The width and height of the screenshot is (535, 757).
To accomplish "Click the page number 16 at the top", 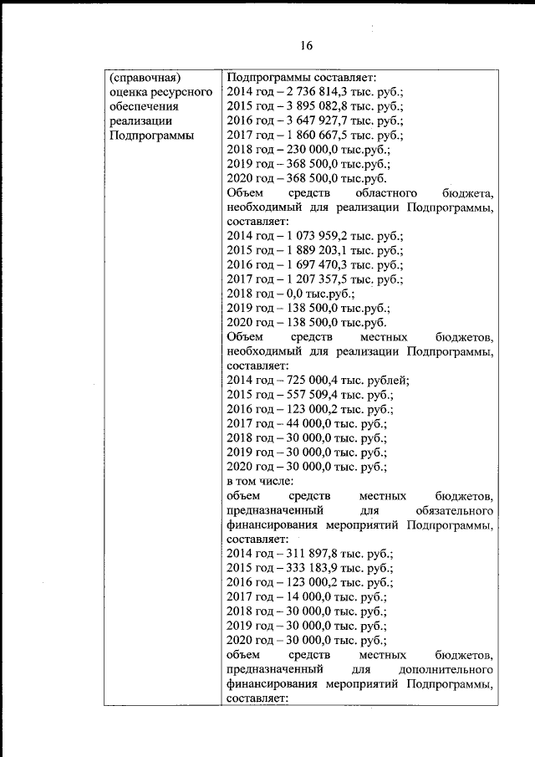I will pyautogui.click(x=306, y=45).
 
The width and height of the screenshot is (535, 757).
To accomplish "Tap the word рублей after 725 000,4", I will pyautogui.click(x=387, y=381).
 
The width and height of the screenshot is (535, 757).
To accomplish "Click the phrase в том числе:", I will pyautogui.click(x=259, y=483).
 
